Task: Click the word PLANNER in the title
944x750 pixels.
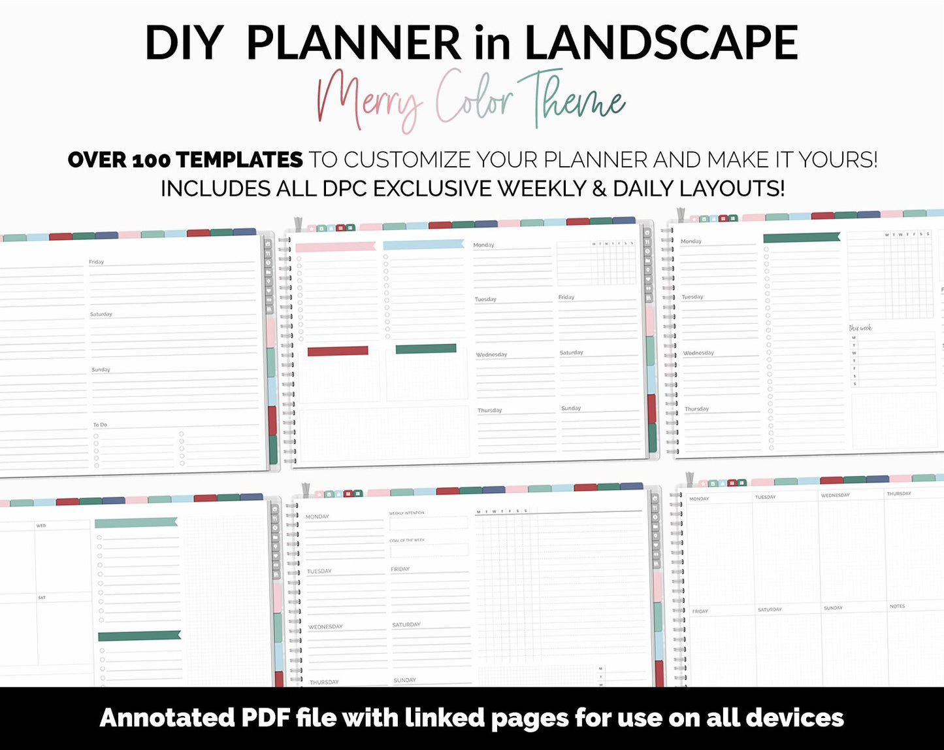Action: pyautogui.click(x=353, y=43)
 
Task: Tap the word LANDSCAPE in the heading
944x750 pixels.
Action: pyautogui.click(x=661, y=43)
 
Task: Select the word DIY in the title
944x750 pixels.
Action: pyautogui.click(x=184, y=43)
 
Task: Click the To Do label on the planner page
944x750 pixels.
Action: pyautogui.click(x=100, y=424)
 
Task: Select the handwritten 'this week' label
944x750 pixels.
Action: pyautogui.click(x=860, y=328)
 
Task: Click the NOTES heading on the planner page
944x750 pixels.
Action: pyautogui.click(x=897, y=606)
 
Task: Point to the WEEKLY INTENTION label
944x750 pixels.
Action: pyautogui.click(x=406, y=513)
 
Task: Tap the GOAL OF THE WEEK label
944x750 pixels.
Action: pyautogui.click(x=407, y=540)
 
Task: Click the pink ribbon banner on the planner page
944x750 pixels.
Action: pyautogui.click(x=336, y=247)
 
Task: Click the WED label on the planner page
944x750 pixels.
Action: pyautogui.click(x=41, y=526)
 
